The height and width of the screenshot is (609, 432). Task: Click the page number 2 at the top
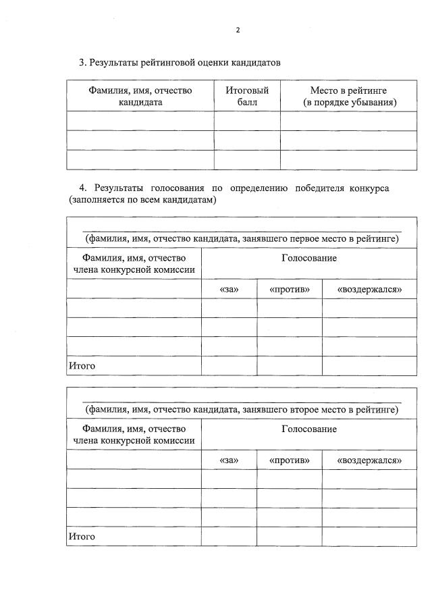tap(238, 30)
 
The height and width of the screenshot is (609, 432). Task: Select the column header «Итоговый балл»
tap(247, 96)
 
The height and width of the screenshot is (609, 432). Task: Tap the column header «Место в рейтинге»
tap(348, 96)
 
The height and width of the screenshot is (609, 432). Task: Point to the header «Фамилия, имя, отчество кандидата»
tap(140, 96)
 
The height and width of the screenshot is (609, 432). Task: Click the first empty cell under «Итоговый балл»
tap(247, 121)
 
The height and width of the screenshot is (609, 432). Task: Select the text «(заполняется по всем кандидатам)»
tap(142, 201)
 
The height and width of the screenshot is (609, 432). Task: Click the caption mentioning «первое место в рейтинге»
tap(242, 238)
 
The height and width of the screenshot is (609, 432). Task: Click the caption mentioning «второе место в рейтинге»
tap(242, 409)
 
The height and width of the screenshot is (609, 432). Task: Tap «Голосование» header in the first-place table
tap(308, 258)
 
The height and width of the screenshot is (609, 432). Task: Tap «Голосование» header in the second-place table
tap(308, 429)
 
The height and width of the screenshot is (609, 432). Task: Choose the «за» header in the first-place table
tap(229, 290)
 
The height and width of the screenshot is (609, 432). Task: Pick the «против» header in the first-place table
tap(289, 290)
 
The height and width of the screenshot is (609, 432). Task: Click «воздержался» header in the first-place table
tap(369, 290)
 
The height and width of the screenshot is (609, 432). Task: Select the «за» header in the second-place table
tap(229, 460)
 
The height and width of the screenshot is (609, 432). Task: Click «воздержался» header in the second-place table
tap(369, 460)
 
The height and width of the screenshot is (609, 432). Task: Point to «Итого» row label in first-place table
tap(82, 366)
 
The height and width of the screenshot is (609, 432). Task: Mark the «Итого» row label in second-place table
tap(82, 537)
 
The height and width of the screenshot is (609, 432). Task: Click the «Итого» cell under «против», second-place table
tap(289, 537)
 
